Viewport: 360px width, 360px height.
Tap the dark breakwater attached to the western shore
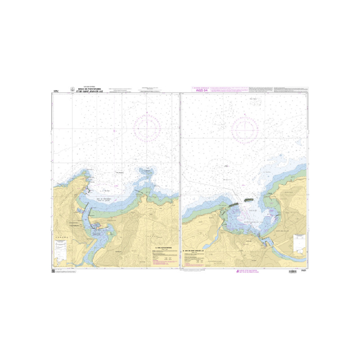click(x=233, y=205)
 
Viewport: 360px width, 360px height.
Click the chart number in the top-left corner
click(x=56, y=90)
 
